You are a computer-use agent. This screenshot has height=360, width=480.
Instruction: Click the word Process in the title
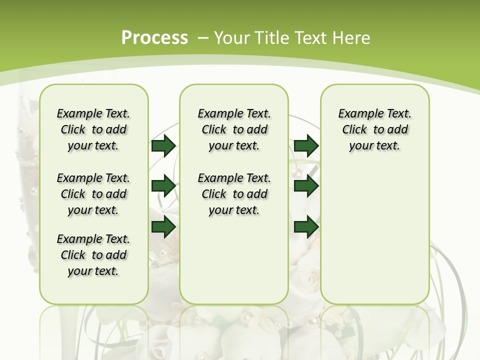click(154, 38)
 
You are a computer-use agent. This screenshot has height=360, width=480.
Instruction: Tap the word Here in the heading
click(352, 38)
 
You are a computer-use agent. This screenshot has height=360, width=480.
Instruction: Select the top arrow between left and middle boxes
click(163, 145)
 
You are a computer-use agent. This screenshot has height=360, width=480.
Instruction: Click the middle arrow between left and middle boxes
click(163, 186)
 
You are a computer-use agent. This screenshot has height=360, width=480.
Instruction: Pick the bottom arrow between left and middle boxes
click(163, 227)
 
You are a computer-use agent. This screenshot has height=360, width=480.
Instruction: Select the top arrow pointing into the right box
click(306, 145)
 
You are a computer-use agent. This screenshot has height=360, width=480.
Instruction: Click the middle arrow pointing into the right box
click(306, 186)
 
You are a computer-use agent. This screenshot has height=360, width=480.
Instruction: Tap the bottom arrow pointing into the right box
click(306, 227)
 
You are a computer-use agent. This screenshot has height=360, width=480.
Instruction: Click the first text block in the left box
click(93, 129)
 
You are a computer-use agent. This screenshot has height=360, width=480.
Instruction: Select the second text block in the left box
click(93, 194)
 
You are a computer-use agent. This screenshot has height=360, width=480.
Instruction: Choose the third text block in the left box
click(93, 255)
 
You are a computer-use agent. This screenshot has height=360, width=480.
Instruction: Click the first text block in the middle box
click(234, 129)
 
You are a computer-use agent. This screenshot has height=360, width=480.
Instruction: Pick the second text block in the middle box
click(234, 194)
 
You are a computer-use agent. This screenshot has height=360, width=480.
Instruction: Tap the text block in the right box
click(374, 129)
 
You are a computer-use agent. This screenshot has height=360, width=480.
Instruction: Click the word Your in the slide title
click(232, 38)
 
